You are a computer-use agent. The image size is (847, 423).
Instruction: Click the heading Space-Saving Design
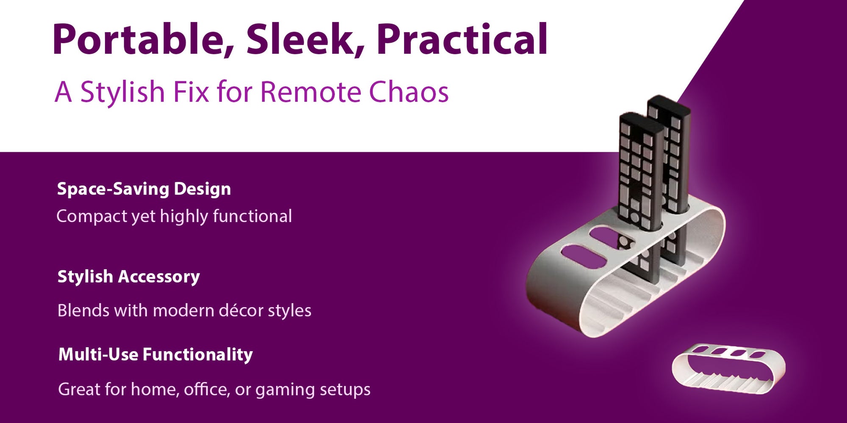click(144, 189)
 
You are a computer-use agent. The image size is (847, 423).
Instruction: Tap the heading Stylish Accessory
click(129, 277)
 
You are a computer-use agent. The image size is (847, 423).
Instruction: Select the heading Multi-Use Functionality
click(155, 354)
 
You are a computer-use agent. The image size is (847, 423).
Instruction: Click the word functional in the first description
click(252, 216)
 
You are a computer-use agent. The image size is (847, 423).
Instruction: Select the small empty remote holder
click(728, 368)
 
